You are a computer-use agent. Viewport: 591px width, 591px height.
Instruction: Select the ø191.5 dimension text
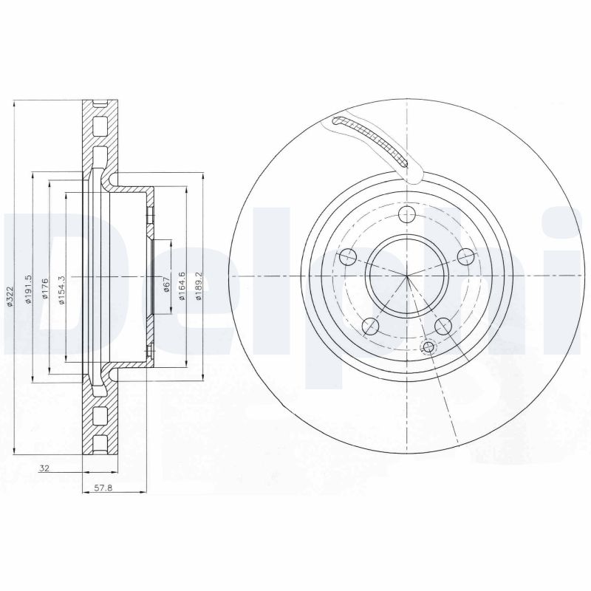29,288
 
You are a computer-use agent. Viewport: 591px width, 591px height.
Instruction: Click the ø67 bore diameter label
167,287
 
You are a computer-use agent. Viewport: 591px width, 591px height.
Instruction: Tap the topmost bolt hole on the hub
406,214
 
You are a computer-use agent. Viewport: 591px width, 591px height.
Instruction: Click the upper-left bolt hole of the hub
347,257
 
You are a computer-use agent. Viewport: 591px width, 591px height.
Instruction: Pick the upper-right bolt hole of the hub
465,256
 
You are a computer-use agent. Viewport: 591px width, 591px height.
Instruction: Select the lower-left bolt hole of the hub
372,326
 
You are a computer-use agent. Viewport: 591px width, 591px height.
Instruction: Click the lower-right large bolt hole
443,325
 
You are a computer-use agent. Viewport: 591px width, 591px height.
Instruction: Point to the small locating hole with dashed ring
427,347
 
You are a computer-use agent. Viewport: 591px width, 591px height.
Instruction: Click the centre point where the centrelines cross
407,276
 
